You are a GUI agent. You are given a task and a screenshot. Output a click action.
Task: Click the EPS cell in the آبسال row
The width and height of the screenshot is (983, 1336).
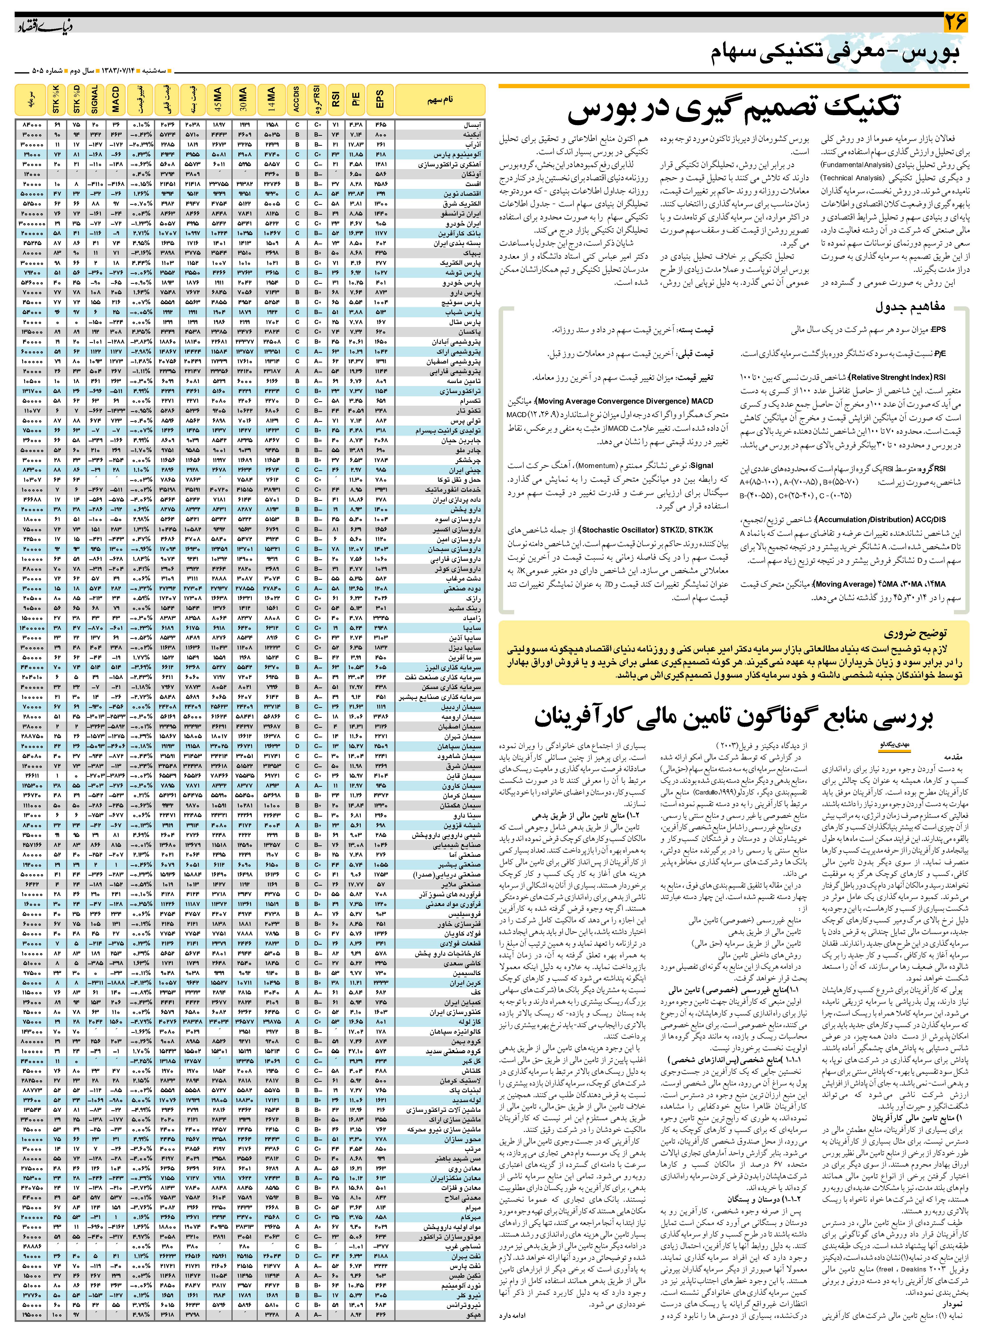tap(380, 126)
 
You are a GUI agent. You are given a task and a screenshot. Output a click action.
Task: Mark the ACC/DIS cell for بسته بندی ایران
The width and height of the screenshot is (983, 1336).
tap(296, 243)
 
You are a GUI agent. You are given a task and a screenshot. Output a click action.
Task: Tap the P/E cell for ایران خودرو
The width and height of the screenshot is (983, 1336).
tap(356, 224)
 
